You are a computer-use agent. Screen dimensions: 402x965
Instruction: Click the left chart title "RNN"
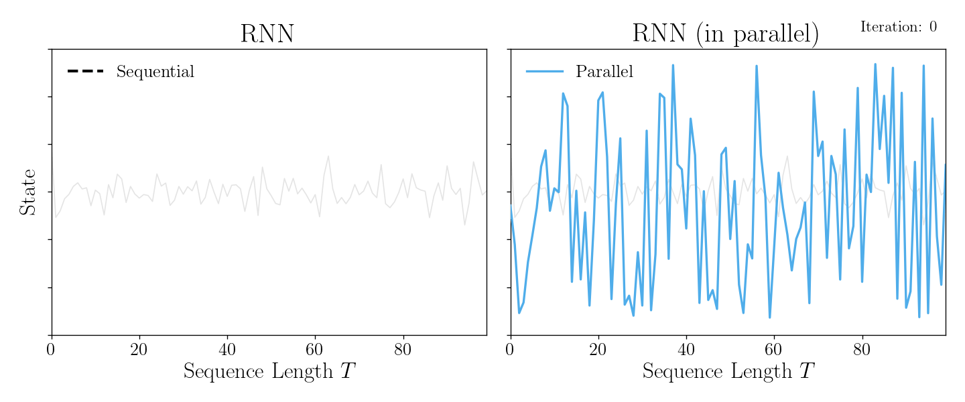[267, 33]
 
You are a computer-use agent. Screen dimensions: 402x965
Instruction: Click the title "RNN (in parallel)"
[725, 33]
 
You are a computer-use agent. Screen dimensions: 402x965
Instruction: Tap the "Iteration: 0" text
[898, 27]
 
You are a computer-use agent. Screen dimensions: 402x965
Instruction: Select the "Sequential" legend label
[155, 72]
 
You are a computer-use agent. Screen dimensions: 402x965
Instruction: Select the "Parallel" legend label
[604, 72]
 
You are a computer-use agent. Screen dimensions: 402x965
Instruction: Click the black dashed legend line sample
[85, 71]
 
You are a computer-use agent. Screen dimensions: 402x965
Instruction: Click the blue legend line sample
[544, 71]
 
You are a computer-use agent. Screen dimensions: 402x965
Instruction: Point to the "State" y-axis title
[27, 192]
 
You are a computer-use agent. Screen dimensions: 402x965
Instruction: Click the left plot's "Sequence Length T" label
[269, 371]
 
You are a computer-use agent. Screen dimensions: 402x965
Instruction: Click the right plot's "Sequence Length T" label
[728, 371]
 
